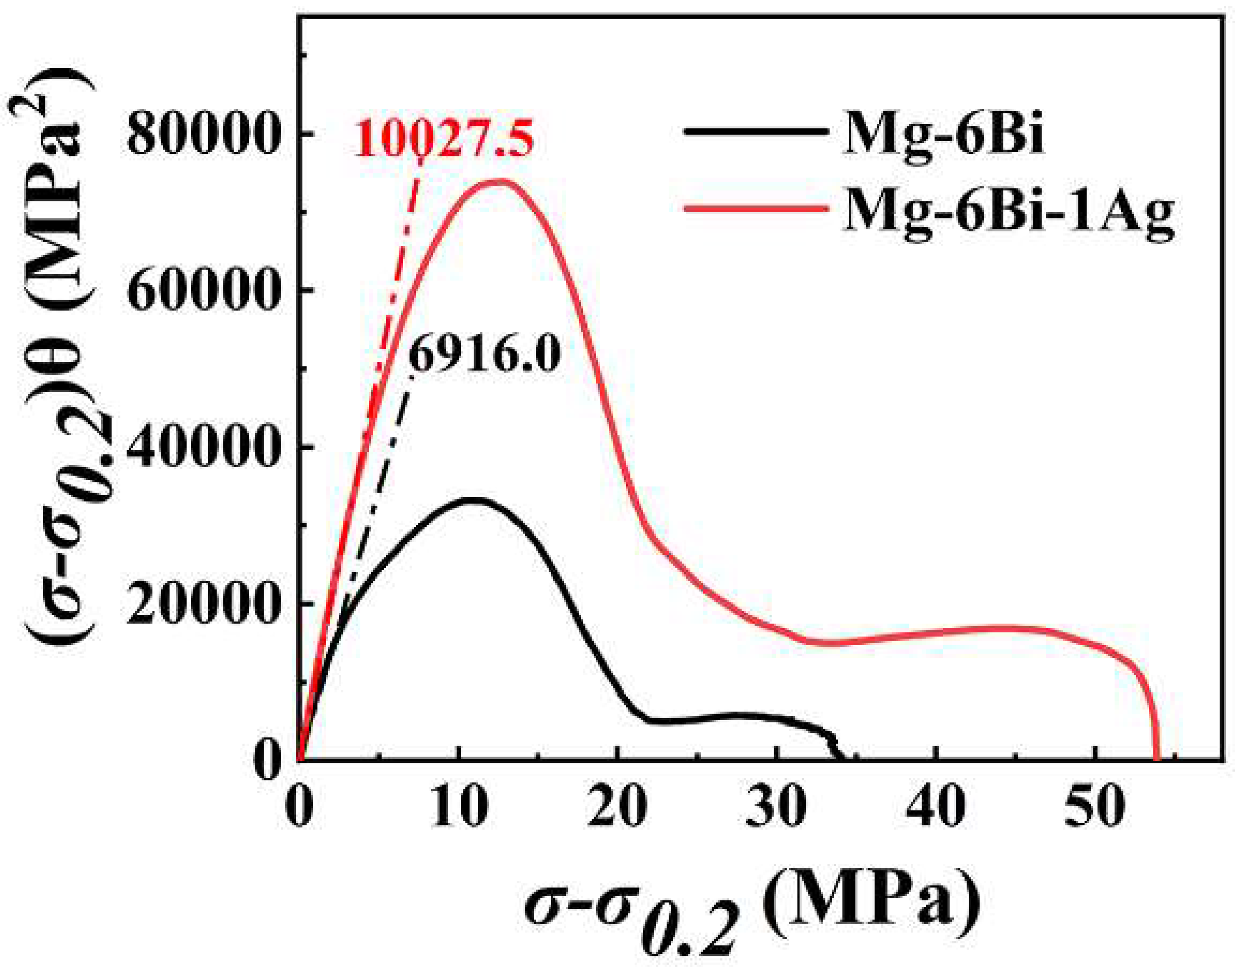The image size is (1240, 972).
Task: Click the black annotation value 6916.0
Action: tap(484, 356)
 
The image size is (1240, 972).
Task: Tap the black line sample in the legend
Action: tap(754, 131)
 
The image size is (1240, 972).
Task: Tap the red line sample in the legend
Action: tap(754, 208)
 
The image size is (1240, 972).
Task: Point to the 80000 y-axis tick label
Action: tap(204, 135)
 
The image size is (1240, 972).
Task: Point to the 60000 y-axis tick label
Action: tap(204, 291)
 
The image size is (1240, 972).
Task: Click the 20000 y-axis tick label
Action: tap(204, 605)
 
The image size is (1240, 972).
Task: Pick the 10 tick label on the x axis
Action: tap(458, 808)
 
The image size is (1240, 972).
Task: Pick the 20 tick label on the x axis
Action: tap(617, 808)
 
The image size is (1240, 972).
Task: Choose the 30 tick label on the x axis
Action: tap(776, 808)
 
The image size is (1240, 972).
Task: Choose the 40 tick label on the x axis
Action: tap(936, 808)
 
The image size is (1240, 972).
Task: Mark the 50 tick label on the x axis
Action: tap(1095, 808)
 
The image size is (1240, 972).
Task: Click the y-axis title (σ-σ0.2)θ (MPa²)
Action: tap(63, 364)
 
